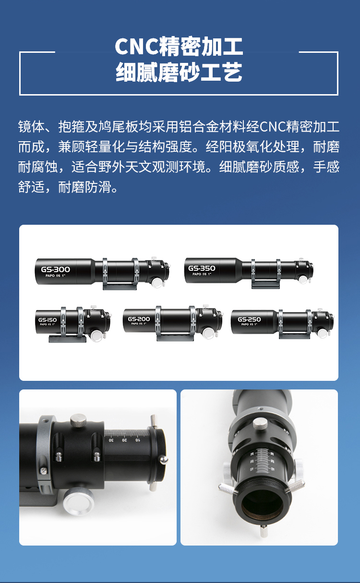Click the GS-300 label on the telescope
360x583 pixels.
pyautogui.click(x=55, y=269)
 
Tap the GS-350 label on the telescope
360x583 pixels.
pyautogui.click(x=202, y=268)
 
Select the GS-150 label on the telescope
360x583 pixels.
pyautogui.click(x=48, y=320)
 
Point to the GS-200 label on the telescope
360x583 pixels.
pyautogui.click(x=139, y=319)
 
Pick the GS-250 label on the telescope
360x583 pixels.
pyautogui.click(x=249, y=319)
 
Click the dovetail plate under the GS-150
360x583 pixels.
pyautogui.click(x=67, y=339)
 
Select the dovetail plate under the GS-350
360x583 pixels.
pyautogui.click(x=266, y=285)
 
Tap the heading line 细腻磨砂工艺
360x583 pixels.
pyautogui.click(x=179, y=73)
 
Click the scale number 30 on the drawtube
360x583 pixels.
pyautogui.click(x=111, y=439)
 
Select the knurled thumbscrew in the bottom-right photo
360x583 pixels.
pyautogui.click(x=259, y=423)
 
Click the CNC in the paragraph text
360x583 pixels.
pyautogui.click(x=272, y=126)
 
